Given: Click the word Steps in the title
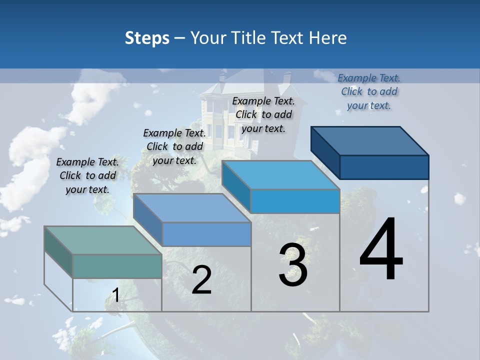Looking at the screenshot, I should [147, 38].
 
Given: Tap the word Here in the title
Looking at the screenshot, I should [327, 38].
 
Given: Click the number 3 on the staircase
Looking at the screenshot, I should [293, 265].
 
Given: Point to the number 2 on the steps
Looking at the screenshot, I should [201, 280].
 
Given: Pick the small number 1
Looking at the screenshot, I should [115, 295].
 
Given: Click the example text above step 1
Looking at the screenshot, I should [87, 175].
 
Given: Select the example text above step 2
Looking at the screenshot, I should [174, 146].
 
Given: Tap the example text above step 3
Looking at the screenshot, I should [263, 114].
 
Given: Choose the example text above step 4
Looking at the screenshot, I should [369, 91].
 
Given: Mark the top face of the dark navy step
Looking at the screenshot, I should [370, 140].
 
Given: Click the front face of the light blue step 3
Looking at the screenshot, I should [295, 201].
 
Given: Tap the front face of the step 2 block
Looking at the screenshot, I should [206, 234].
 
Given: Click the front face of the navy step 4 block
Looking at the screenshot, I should [384, 167].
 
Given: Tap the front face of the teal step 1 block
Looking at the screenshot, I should [117, 266].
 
